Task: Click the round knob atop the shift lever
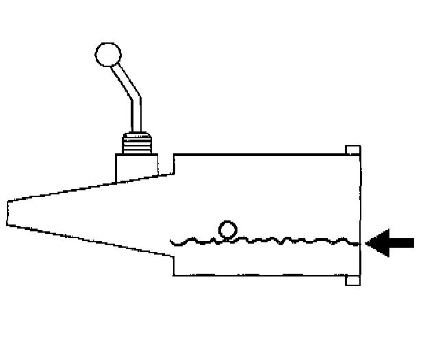pyautogui.click(x=107, y=54)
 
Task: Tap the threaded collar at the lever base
pyautogui.click(x=137, y=142)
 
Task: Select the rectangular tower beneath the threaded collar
pyautogui.click(x=138, y=168)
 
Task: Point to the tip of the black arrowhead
pyautogui.click(x=368, y=242)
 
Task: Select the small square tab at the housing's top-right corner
pyautogui.click(x=353, y=150)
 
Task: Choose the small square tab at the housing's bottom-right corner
pyautogui.click(x=353, y=280)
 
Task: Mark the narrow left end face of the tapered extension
pyautogui.click(x=7, y=213)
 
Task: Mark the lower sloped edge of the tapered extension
pyautogui.click(x=89, y=241)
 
